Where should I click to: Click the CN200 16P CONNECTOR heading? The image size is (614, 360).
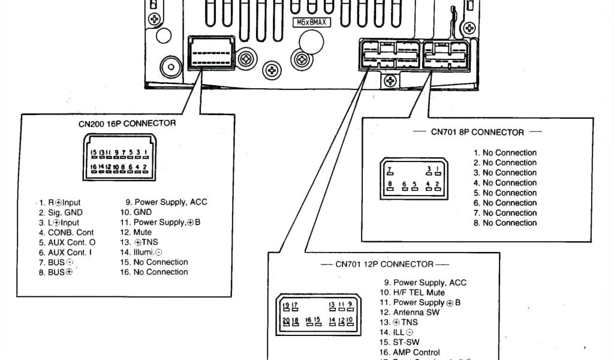tap(127, 124)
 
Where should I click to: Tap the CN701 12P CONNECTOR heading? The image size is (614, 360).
tap(384, 264)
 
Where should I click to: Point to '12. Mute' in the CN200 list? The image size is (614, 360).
tap(136, 232)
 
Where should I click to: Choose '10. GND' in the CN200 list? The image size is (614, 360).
tap(136, 212)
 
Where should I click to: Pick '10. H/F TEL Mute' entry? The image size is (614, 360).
tap(411, 293)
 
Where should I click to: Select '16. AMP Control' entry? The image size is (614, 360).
tap(409, 352)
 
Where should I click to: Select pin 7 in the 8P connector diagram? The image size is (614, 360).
tap(390, 170)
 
